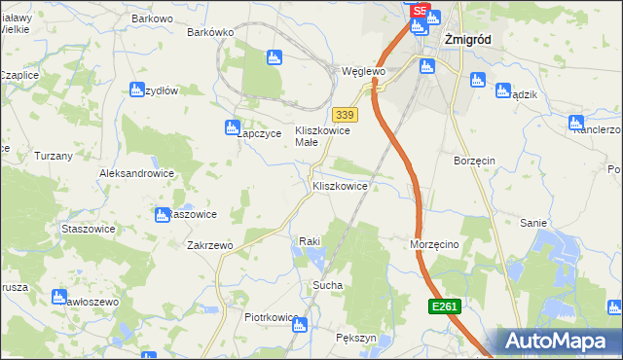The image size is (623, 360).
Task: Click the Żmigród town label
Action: [x=468, y=40]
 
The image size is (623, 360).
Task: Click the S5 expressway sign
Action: [x=420, y=11]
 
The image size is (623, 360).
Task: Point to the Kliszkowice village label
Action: [x=340, y=185]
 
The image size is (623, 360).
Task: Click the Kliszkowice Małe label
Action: [x=321, y=136]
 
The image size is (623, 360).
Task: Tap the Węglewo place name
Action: [x=364, y=72]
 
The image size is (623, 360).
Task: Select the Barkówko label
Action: [x=211, y=32]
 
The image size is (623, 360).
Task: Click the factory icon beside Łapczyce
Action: [x=233, y=126]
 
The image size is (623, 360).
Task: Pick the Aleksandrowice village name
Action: [x=136, y=173]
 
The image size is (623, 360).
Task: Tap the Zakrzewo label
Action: [x=209, y=246]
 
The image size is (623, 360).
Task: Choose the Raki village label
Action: [x=310, y=240]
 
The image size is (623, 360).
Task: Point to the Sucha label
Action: [x=325, y=286]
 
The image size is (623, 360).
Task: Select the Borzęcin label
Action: [x=475, y=159]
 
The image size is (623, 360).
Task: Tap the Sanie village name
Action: [x=532, y=223]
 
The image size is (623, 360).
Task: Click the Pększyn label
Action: [x=355, y=337]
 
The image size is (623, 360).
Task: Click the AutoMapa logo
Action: [x=558, y=341]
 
